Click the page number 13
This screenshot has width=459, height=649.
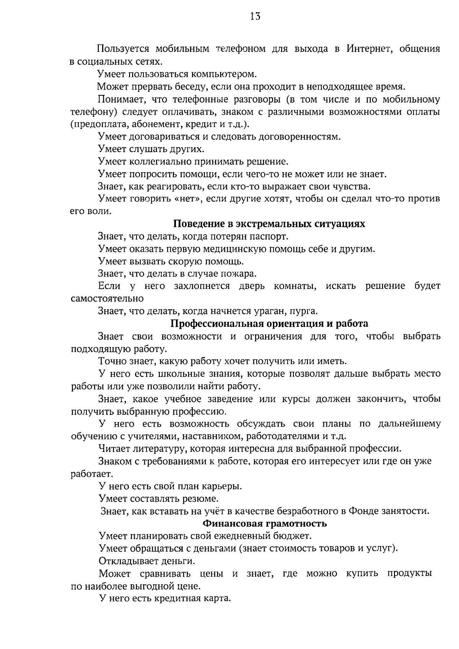coord(255,16)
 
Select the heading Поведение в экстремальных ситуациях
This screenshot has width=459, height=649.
coord(270,224)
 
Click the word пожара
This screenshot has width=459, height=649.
coord(240,274)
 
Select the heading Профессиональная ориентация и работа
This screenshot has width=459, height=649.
coord(269,324)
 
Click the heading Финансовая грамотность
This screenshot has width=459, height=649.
coord(265,523)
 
